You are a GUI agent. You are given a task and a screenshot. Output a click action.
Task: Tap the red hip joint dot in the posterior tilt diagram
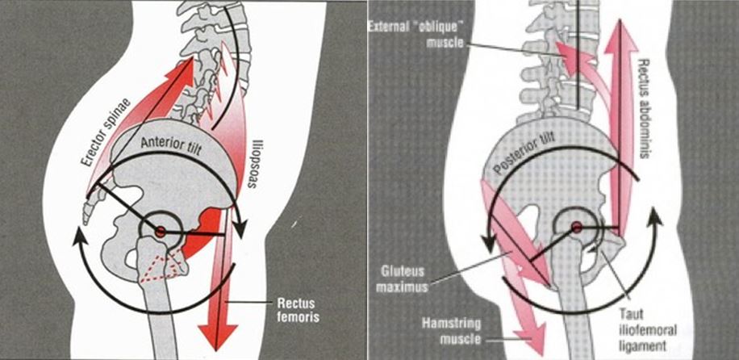click(x=577, y=228)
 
